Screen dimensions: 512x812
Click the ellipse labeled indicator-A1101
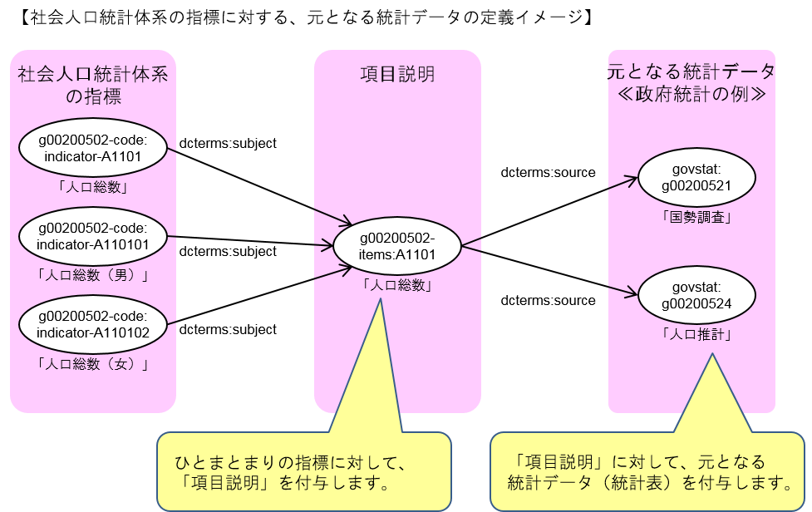pos(93,146)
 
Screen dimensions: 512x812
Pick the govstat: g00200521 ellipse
pos(696,177)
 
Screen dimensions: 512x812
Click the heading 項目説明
pos(397,75)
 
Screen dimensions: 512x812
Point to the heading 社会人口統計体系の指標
pos(93,86)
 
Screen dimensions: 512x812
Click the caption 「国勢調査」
pos(696,219)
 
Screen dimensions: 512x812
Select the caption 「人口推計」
pos(696,336)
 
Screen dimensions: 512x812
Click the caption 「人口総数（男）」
pos(93,276)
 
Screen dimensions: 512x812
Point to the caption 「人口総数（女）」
pos(93,364)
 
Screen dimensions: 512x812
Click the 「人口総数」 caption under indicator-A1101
pos(93,187)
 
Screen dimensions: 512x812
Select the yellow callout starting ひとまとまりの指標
pos(303,471)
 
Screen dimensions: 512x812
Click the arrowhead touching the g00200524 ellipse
pos(632,291)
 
